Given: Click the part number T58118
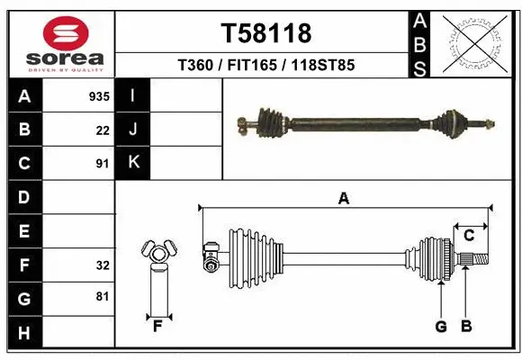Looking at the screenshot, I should coord(266,33).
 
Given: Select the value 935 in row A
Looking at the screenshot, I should coord(98,95).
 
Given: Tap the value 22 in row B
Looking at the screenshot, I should coord(103,130).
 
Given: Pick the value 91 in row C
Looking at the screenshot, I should coord(103,164).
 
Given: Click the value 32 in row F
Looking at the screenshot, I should coord(103,265).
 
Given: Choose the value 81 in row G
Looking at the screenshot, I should coord(103,295).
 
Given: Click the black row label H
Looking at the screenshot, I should coord(24,332).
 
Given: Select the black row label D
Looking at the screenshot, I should coord(24,197).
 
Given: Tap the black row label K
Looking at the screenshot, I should coord(133,163).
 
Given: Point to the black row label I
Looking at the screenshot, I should coord(133,95).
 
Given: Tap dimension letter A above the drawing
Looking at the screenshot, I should coord(343,199).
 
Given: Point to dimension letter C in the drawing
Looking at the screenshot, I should coord(469,236).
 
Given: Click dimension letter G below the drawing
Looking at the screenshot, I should coord(441,327).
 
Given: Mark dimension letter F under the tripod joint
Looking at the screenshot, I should coord(157,326).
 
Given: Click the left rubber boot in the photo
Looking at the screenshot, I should coord(270,120).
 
